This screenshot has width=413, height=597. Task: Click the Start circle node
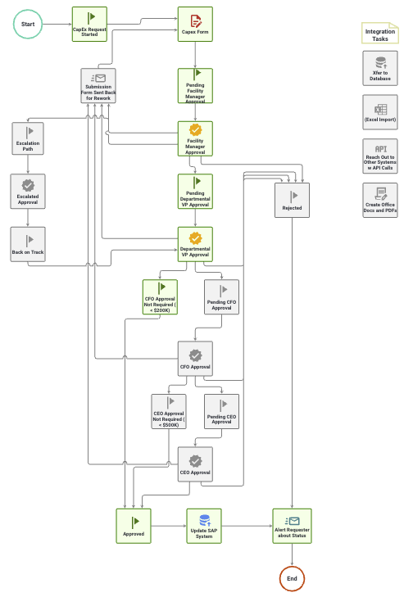28,25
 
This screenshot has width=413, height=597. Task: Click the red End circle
292,578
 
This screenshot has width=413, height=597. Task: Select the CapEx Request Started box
89,25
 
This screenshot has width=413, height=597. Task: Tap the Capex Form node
195,25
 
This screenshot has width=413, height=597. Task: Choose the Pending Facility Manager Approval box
195,85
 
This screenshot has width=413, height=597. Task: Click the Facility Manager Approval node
195,138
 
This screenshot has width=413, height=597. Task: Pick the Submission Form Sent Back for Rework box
98,85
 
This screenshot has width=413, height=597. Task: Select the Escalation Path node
29,138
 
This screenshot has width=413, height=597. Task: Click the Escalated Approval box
29,192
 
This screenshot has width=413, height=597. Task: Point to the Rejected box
292,200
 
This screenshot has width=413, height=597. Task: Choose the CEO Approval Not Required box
169,411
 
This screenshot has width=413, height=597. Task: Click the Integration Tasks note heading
380,34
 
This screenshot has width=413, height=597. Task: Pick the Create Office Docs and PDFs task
380,199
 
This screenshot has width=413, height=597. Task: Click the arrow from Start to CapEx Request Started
57,25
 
